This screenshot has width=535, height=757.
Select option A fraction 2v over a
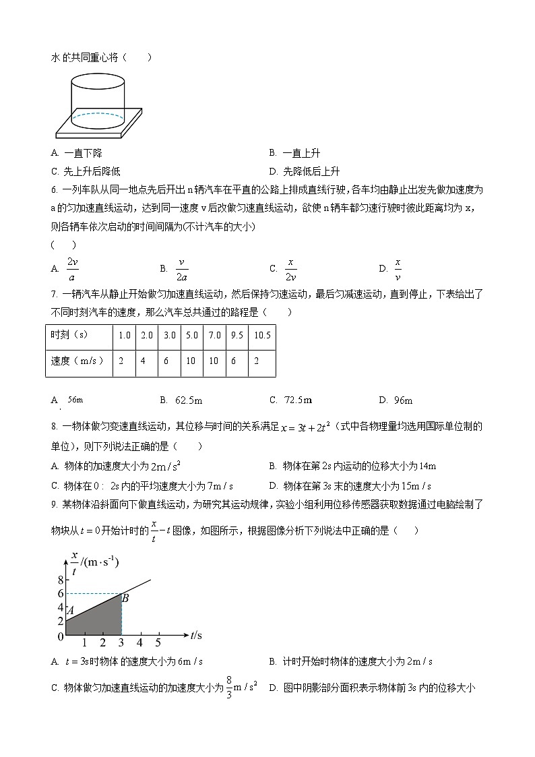pyautogui.click(x=72, y=268)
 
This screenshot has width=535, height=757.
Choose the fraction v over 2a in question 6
pyautogui.click(x=181, y=268)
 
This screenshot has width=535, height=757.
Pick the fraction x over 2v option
pyautogui.click(x=290, y=268)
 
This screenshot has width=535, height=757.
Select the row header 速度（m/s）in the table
pyautogui.click(x=78, y=361)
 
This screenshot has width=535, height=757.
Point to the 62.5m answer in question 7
pyautogui.click(x=188, y=400)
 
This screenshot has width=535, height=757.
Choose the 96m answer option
pyautogui.click(x=403, y=400)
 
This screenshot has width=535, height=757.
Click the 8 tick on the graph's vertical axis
pyautogui.click(x=61, y=580)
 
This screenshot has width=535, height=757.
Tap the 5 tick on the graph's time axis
pyautogui.click(x=158, y=642)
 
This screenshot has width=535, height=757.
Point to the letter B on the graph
pyautogui.click(x=125, y=597)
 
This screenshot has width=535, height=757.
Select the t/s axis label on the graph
pyautogui.click(x=196, y=634)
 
